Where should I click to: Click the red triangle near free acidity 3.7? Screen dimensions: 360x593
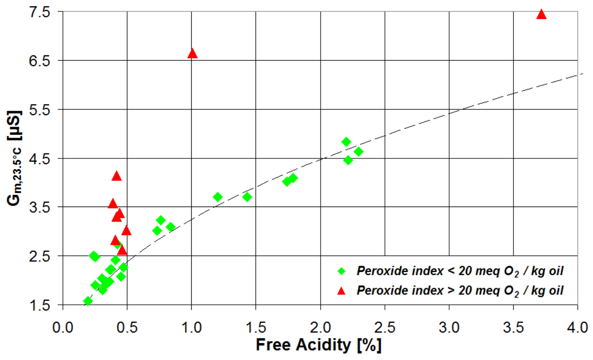(541, 15)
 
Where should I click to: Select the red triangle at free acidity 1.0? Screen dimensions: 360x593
(192, 54)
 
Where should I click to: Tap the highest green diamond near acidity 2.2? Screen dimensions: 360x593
(346, 142)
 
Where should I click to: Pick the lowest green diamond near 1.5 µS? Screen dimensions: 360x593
(88, 301)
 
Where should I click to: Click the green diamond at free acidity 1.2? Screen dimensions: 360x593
(217, 197)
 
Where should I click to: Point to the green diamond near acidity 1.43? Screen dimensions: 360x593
(247, 197)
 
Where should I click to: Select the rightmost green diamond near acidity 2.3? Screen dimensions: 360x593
(359, 151)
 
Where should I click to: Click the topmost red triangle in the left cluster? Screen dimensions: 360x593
(116, 177)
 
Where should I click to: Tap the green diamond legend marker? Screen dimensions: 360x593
(341, 271)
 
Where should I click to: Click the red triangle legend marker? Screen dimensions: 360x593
(341, 291)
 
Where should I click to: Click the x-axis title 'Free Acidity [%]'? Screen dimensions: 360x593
(318, 345)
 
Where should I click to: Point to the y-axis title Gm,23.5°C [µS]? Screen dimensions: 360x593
(15, 158)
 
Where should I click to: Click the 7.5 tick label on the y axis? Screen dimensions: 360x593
(40, 12)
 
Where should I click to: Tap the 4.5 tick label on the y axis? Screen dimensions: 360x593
(40, 158)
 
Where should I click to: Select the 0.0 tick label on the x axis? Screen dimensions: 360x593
(63, 328)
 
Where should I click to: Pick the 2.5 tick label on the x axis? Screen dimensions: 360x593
(385, 328)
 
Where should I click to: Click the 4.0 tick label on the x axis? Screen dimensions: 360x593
(578, 328)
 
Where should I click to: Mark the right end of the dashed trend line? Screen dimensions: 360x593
(582, 73)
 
